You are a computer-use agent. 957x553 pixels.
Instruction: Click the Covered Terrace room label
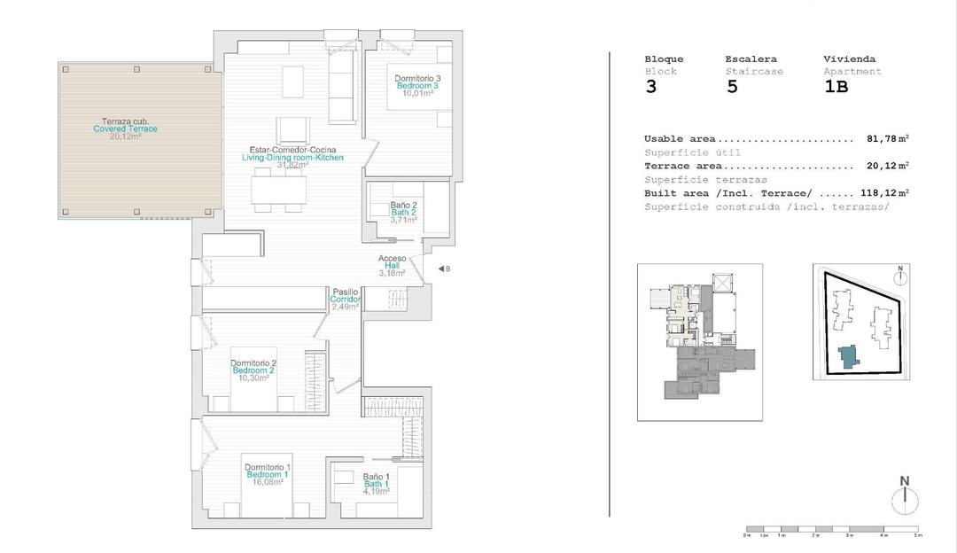(125, 129)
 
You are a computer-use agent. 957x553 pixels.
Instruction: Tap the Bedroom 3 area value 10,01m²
(417, 93)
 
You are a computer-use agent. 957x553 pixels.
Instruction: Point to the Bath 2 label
(402, 213)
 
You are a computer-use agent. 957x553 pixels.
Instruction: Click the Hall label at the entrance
(393, 266)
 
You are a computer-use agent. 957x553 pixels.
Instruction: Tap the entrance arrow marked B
(444, 269)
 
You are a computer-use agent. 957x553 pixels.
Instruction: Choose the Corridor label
(346, 300)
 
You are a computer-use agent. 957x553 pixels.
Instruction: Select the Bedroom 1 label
(267, 475)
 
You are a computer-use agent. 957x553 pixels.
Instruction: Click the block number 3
(651, 87)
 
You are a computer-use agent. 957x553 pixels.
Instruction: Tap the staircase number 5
(732, 87)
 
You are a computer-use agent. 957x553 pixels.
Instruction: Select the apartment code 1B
(836, 87)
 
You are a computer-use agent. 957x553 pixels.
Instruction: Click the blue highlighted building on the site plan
(848, 356)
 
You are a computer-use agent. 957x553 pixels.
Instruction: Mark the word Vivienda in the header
(849, 59)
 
